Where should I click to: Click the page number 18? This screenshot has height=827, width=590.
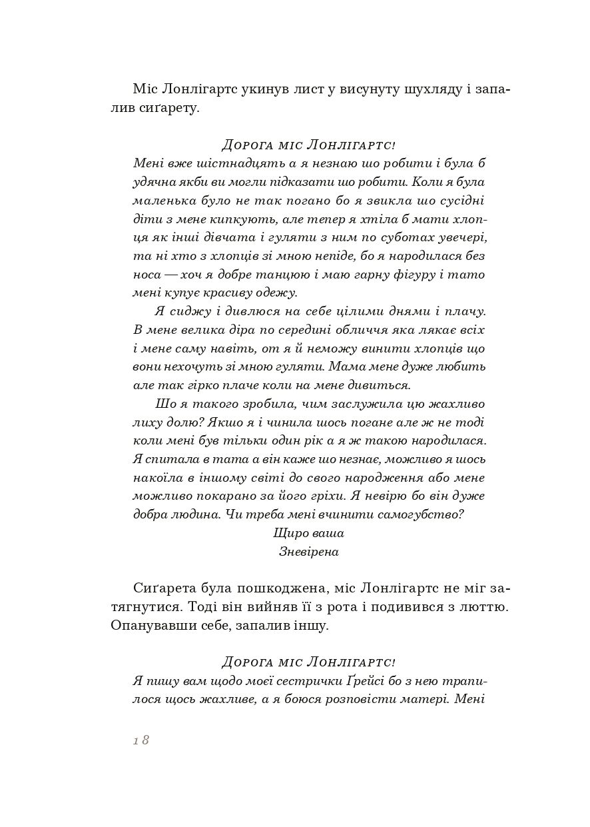[x=141, y=740]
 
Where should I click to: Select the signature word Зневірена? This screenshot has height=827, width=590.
[x=309, y=551]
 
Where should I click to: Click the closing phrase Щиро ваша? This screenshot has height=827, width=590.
[x=308, y=532]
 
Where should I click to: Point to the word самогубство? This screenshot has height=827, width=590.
[x=424, y=514]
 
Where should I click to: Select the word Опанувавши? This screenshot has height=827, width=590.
[x=146, y=626]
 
